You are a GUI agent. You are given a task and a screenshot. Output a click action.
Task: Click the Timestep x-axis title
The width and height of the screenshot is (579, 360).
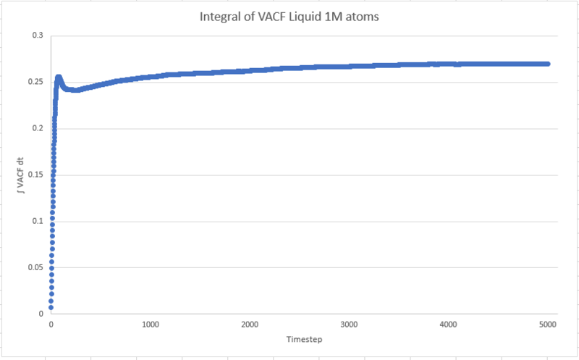299,339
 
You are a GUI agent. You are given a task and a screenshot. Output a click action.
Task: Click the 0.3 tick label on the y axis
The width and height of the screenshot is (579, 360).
37,35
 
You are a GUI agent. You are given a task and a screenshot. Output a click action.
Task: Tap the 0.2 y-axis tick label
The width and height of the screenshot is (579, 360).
37,128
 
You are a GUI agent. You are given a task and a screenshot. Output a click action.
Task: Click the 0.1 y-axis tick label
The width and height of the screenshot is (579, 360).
37,221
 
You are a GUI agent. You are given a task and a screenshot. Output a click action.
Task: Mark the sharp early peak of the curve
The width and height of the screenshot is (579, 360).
59,77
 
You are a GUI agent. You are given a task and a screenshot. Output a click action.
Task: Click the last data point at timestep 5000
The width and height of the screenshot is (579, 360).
548,64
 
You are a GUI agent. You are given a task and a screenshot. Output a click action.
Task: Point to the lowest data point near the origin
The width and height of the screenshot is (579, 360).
51,307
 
